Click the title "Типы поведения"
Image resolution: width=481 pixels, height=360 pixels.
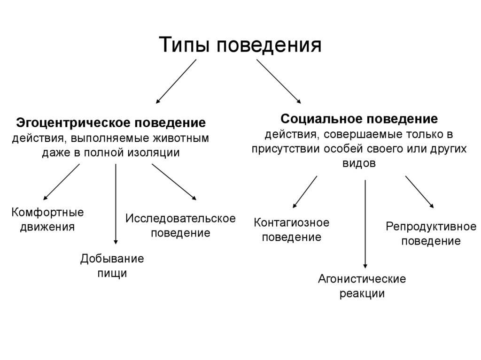tap(240, 45)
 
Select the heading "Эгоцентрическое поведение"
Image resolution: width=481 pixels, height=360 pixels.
tap(111, 123)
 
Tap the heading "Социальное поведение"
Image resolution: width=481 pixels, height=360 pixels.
tap(359, 118)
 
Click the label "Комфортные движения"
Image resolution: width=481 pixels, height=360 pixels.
tap(47, 219)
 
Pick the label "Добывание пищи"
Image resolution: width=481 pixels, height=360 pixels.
tap(112, 266)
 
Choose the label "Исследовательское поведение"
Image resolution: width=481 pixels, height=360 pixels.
tap(180, 225)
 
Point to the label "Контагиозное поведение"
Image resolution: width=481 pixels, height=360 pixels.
tap(291, 230)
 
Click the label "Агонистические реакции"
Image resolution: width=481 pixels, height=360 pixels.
tap(362, 286)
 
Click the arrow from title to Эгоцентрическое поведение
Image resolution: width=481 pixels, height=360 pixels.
tap(176, 81)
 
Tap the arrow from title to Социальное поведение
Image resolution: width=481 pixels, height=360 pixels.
tap(279, 81)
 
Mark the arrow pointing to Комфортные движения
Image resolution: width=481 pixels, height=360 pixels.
tap(62, 182)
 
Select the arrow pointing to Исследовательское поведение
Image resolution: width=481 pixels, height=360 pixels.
tap(174, 182)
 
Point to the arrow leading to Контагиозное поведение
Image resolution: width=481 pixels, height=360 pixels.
tap(304, 191)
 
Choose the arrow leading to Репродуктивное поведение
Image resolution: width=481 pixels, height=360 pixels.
tap(419, 191)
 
